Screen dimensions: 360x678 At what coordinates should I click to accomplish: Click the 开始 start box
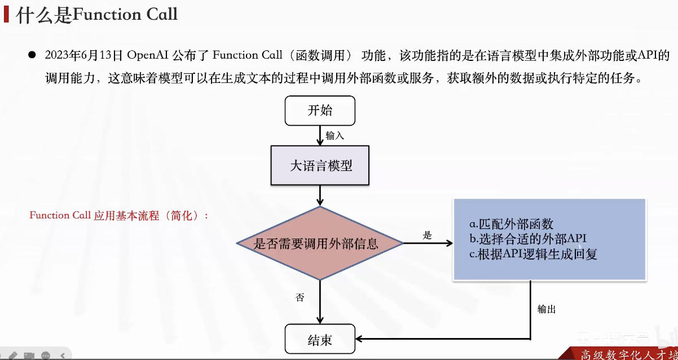point(320,111)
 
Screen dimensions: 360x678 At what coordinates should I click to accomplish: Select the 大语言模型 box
point(320,166)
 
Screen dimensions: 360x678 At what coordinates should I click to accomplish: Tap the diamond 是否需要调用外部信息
point(320,244)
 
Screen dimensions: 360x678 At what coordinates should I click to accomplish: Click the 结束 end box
point(320,340)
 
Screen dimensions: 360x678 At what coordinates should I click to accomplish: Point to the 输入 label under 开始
point(334,135)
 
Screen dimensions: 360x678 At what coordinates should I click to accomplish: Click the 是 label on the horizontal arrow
point(427,235)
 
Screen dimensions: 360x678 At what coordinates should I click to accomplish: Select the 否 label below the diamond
point(300,297)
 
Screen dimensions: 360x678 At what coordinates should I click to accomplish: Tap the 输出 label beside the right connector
point(546,309)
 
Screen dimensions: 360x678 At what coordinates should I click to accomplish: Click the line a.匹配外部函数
point(511,223)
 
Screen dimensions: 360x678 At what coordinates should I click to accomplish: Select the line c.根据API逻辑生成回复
point(533,254)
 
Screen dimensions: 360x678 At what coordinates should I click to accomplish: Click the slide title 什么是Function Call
point(97,15)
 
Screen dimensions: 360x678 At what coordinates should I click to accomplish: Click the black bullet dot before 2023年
point(32,55)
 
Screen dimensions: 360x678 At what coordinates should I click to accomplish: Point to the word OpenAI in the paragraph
point(147,55)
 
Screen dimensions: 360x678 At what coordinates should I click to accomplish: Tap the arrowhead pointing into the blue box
point(449,244)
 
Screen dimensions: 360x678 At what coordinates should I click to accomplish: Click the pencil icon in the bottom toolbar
point(14,355)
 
